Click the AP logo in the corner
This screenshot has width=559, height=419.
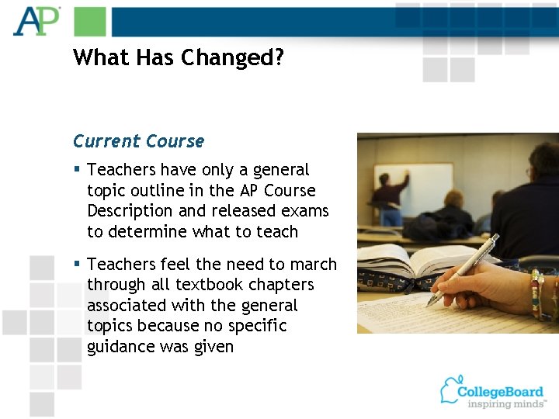click(x=36, y=21)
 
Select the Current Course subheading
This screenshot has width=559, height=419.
click(x=138, y=141)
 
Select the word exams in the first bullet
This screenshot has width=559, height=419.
click(x=305, y=211)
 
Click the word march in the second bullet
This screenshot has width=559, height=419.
click(x=312, y=265)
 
